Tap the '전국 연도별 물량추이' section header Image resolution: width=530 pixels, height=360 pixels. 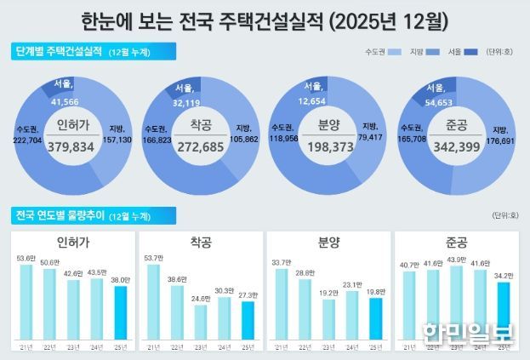64,211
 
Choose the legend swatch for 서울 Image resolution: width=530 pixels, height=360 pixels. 466,53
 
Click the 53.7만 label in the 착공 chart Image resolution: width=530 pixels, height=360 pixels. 153,256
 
